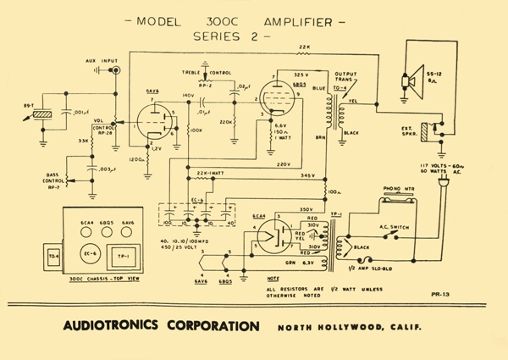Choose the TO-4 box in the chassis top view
coord(53,257)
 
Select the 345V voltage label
coord(308,176)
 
